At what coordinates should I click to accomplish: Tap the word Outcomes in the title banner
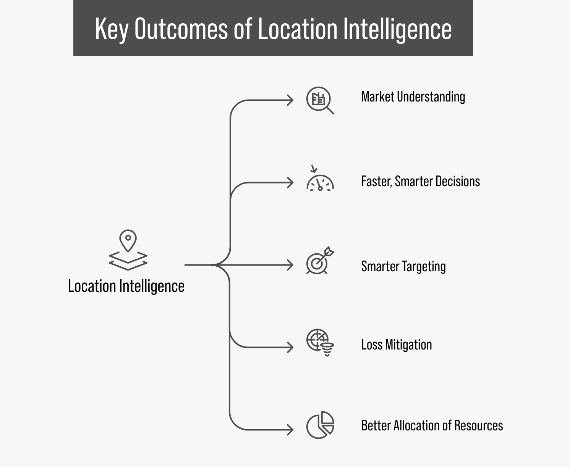point(181,29)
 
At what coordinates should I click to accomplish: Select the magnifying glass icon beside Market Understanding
point(320,100)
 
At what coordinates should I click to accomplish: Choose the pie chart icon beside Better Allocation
point(320,425)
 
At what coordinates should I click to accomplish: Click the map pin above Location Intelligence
point(128,240)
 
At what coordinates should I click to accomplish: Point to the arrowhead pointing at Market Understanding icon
point(290,100)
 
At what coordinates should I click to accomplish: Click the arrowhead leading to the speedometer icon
point(290,183)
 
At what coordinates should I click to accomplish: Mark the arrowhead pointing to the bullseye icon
point(290,265)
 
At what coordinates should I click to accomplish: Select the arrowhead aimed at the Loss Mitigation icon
point(290,348)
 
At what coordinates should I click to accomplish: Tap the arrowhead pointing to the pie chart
point(290,430)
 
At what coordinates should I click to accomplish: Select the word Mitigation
point(408,345)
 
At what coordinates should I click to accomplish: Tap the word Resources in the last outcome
point(479,426)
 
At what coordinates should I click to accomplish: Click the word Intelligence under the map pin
point(152,287)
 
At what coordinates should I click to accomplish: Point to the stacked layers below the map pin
point(128,261)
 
